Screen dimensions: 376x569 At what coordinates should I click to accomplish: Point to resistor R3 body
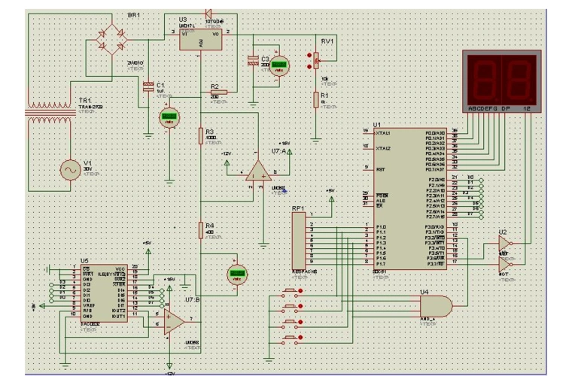(x=200, y=135)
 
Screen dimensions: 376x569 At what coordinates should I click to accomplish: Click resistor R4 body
(x=200, y=229)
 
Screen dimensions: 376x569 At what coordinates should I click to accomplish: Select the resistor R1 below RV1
(x=316, y=99)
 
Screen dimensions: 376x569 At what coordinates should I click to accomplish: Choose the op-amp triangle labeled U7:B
(x=173, y=319)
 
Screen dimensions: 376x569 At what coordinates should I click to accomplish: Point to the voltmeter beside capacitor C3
(x=280, y=66)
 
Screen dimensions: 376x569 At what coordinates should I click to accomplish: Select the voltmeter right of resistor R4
(x=239, y=275)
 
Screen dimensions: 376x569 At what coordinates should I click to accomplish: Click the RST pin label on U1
(x=381, y=169)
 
